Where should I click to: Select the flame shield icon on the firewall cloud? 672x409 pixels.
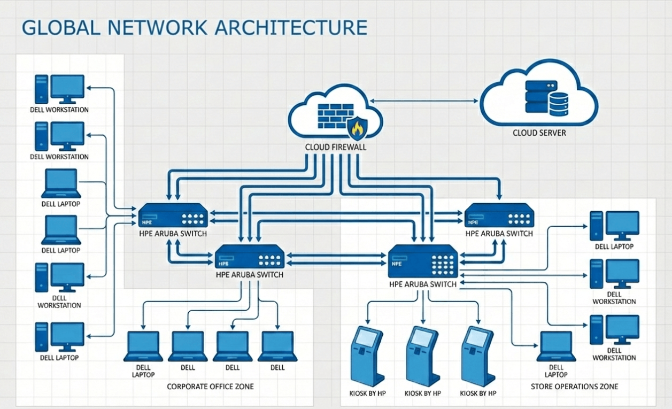click(x=356, y=129)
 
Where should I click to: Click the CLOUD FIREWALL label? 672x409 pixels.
click(x=336, y=147)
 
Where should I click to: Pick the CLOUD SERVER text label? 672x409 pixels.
click(x=539, y=133)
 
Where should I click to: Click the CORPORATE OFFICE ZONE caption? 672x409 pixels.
click(x=210, y=386)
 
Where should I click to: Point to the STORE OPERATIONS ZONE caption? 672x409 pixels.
click(x=574, y=387)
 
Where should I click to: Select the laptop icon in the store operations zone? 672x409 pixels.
click(x=557, y=346)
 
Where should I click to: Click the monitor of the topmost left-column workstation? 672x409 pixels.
click(x=67, y=87)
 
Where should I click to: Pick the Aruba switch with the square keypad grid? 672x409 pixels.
click(x=422, y=261)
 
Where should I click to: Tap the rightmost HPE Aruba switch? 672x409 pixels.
click(x=499, y=215)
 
